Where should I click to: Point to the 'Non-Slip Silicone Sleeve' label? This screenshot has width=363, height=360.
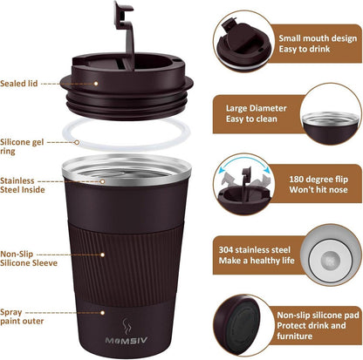click(x=28, y=254)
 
